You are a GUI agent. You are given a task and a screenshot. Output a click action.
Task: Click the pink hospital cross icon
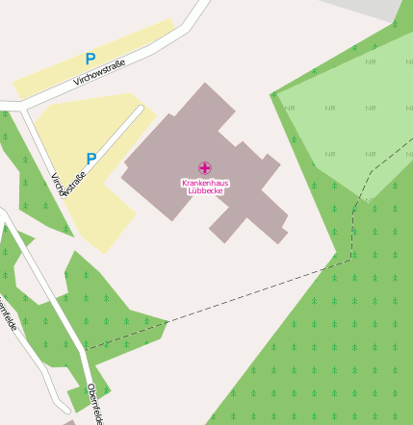[204, 168]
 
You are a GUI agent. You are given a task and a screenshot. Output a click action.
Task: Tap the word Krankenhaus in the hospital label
[204, 183]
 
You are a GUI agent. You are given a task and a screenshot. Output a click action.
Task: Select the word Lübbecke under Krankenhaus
[204, 191]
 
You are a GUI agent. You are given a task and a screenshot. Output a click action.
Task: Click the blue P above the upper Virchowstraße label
[90, 60]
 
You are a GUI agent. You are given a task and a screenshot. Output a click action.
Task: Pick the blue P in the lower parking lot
[91, 159]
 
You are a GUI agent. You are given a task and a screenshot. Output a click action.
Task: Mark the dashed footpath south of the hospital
[250, 293]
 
